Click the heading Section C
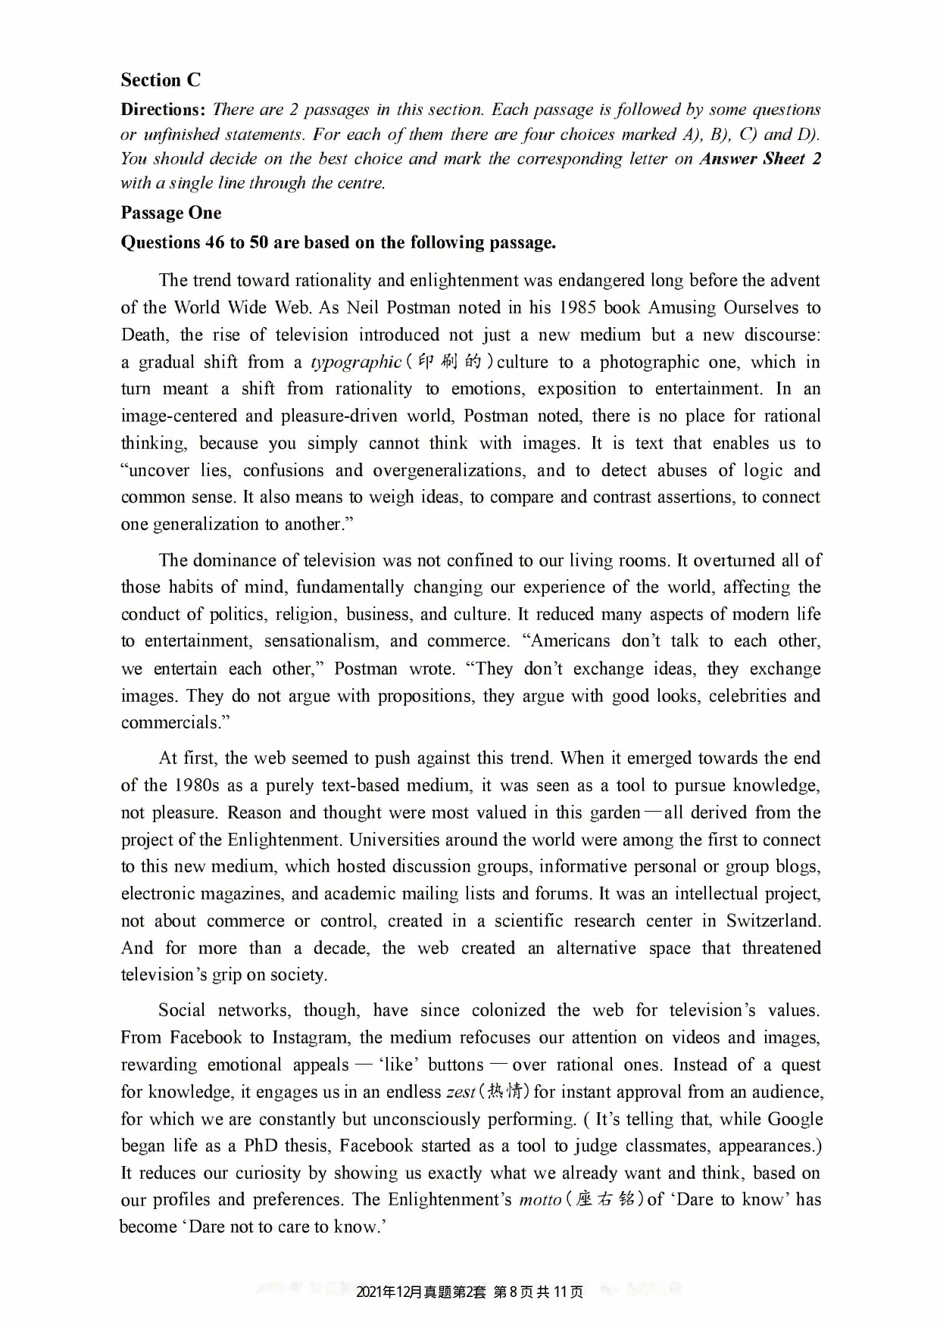click(x=161, y=80)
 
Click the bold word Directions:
click(x=163, y=109)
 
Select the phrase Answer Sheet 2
click(x=760, y=158)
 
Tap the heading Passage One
click(x=171, y=213)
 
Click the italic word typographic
click(x=356, y=362)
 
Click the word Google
click(x=795, y=1119)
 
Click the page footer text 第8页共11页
click(x=538, y=1292)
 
